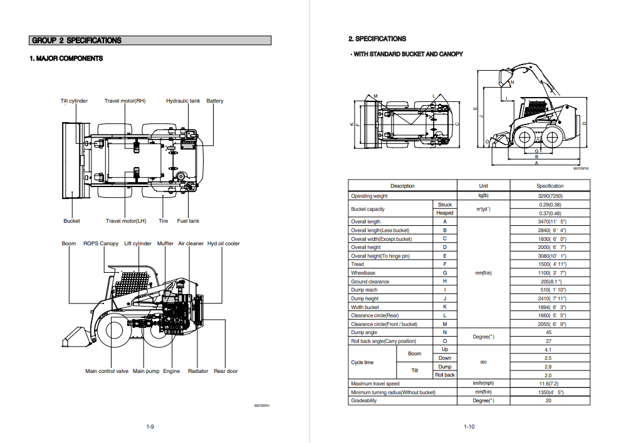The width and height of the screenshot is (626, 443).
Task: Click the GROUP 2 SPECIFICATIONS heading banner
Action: coord(150,41)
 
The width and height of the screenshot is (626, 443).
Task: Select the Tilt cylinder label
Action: coord(74,101)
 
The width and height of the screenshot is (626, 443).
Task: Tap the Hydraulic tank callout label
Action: coord(183,101)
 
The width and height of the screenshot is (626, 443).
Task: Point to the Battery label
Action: coord(215,101)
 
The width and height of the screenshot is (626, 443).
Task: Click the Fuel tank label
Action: coord(188,221)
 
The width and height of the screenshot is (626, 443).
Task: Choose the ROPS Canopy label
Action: coord(101,243)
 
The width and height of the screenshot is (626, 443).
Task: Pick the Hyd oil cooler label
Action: coord(224,243)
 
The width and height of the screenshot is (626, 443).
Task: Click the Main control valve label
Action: coord(107,371)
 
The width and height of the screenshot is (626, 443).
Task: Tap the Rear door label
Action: coord(226,371)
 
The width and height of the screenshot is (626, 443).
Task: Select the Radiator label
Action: coord(198,371)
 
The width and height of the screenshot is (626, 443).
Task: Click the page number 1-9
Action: coord(150,427)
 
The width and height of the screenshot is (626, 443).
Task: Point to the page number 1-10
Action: coord(469,427)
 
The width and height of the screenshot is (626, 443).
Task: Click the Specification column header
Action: coord(550,186)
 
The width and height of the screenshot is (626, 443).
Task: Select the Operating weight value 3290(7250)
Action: coord(550,196)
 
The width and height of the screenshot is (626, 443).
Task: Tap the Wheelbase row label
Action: coord(364,273)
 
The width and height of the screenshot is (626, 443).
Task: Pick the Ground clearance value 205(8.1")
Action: coord(550,282)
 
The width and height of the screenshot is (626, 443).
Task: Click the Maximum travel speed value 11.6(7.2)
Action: coord(550,383)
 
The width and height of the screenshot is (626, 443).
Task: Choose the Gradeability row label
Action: coord(364,400)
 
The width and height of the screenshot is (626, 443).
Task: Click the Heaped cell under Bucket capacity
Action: coord(445,213)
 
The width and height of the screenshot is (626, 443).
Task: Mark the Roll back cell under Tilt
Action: coord(445,375)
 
